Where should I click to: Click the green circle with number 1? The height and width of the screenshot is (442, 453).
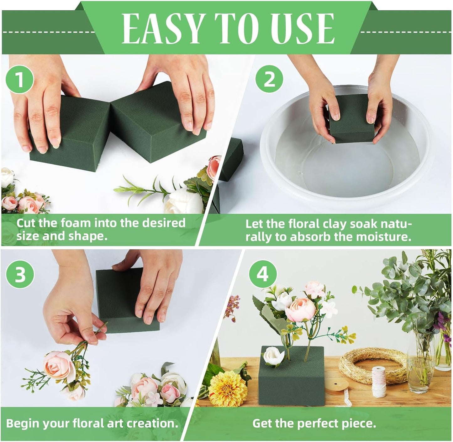(19, 80)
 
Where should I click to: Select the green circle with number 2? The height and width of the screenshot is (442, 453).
(269, 80)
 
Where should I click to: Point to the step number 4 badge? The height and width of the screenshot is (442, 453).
(263, 274)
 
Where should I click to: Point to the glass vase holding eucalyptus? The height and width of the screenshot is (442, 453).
(420, 363)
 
